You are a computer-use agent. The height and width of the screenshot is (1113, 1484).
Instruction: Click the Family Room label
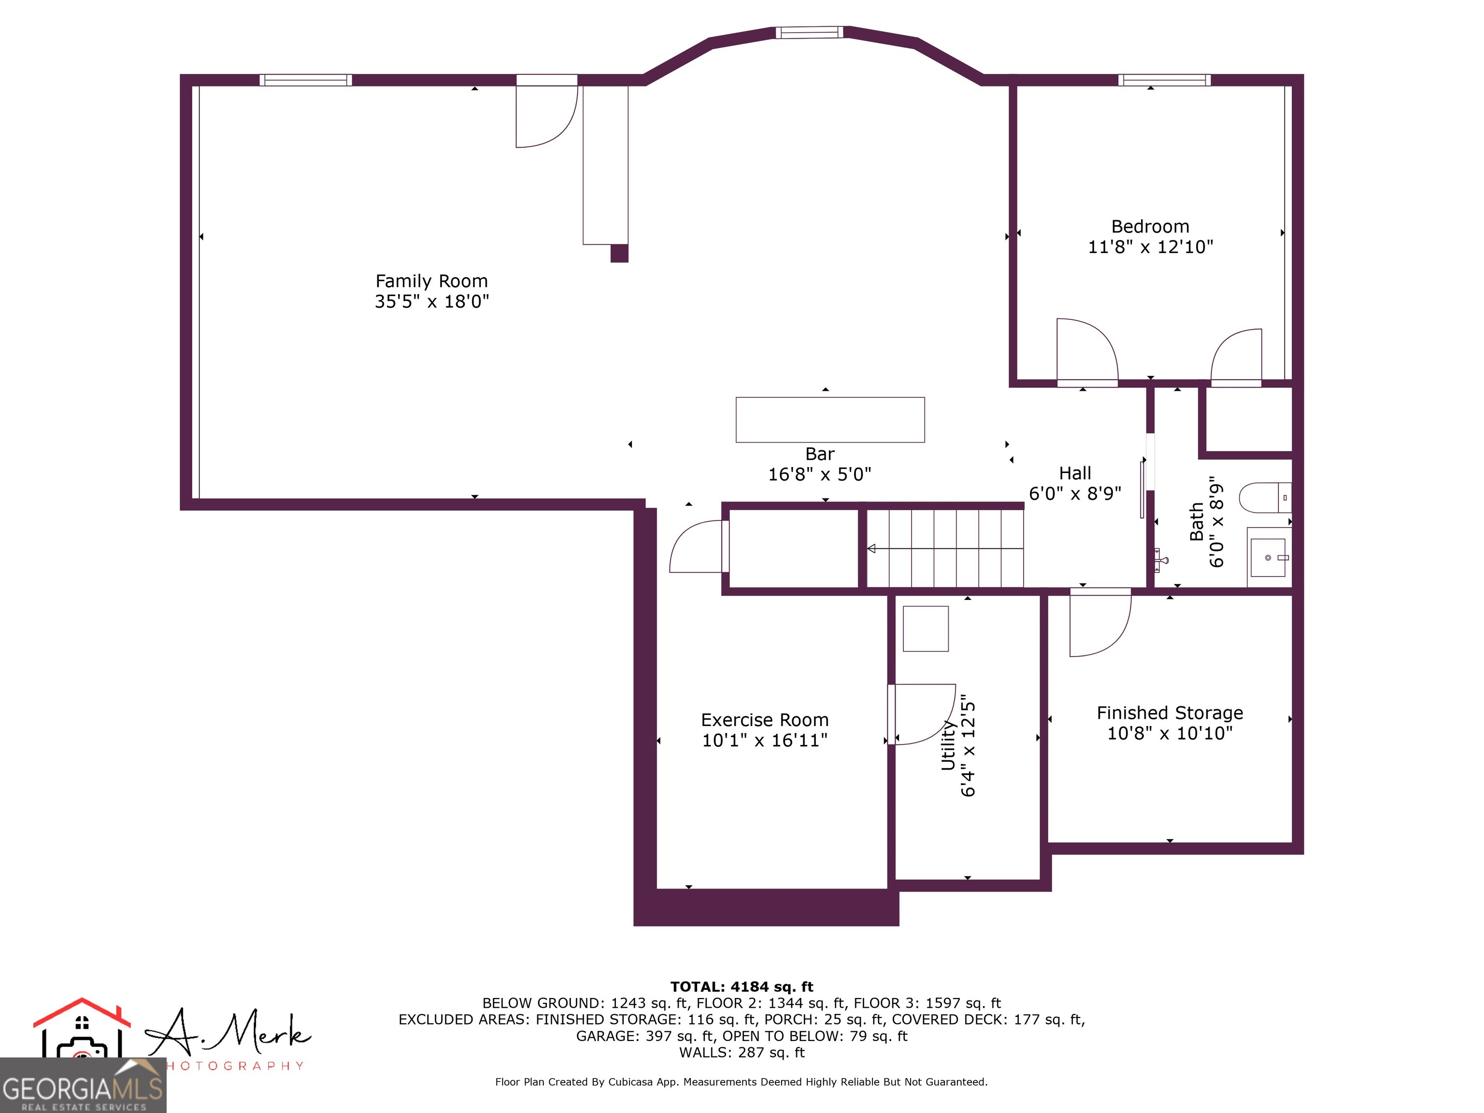pos(431,281)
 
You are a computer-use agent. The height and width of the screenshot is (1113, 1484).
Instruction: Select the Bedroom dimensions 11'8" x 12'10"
pos(1150,247)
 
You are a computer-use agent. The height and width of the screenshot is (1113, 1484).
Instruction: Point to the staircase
pos(944,548)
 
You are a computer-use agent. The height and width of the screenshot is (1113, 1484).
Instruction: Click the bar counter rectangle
pos(829,420)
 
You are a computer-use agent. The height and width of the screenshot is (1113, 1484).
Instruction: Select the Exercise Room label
pos(764,720)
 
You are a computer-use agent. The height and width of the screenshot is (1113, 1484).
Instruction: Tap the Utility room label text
pos(948,745)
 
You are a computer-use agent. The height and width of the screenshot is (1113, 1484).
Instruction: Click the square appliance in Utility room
pos(925,628)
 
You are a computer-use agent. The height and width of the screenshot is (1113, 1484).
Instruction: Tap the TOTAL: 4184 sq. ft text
pos(742,987)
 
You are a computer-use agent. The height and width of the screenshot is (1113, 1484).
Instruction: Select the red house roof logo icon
pos(82,1013)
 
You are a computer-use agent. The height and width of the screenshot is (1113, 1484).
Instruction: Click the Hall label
pos(1075,473)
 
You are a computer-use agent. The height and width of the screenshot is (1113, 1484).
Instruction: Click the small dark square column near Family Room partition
pos(618,254)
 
